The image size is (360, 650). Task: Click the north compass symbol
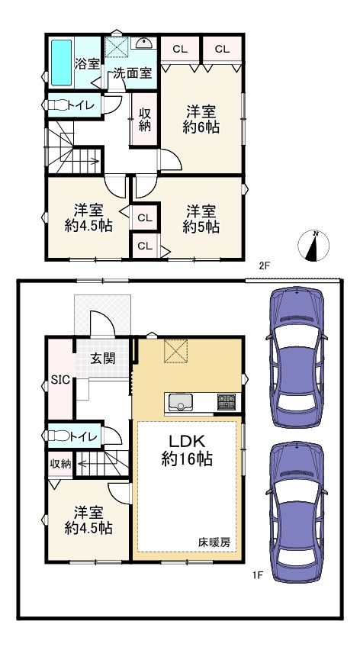313,246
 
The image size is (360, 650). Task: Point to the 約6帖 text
201,127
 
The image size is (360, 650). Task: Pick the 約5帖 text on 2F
201,227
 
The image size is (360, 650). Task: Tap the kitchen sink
180,402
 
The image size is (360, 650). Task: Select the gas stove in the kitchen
227,402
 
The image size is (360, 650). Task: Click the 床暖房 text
214,542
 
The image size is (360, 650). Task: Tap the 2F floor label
265,266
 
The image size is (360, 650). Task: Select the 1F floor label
258,575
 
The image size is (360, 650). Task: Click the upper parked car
297,357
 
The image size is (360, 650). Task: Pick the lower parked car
297,512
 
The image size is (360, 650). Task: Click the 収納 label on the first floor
60,464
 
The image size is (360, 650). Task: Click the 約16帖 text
187,459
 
